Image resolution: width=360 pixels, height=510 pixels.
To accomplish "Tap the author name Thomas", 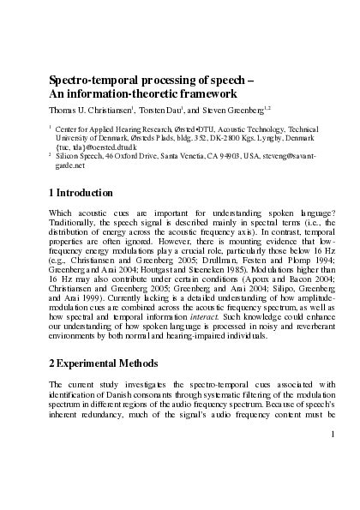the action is tap(65, 111).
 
